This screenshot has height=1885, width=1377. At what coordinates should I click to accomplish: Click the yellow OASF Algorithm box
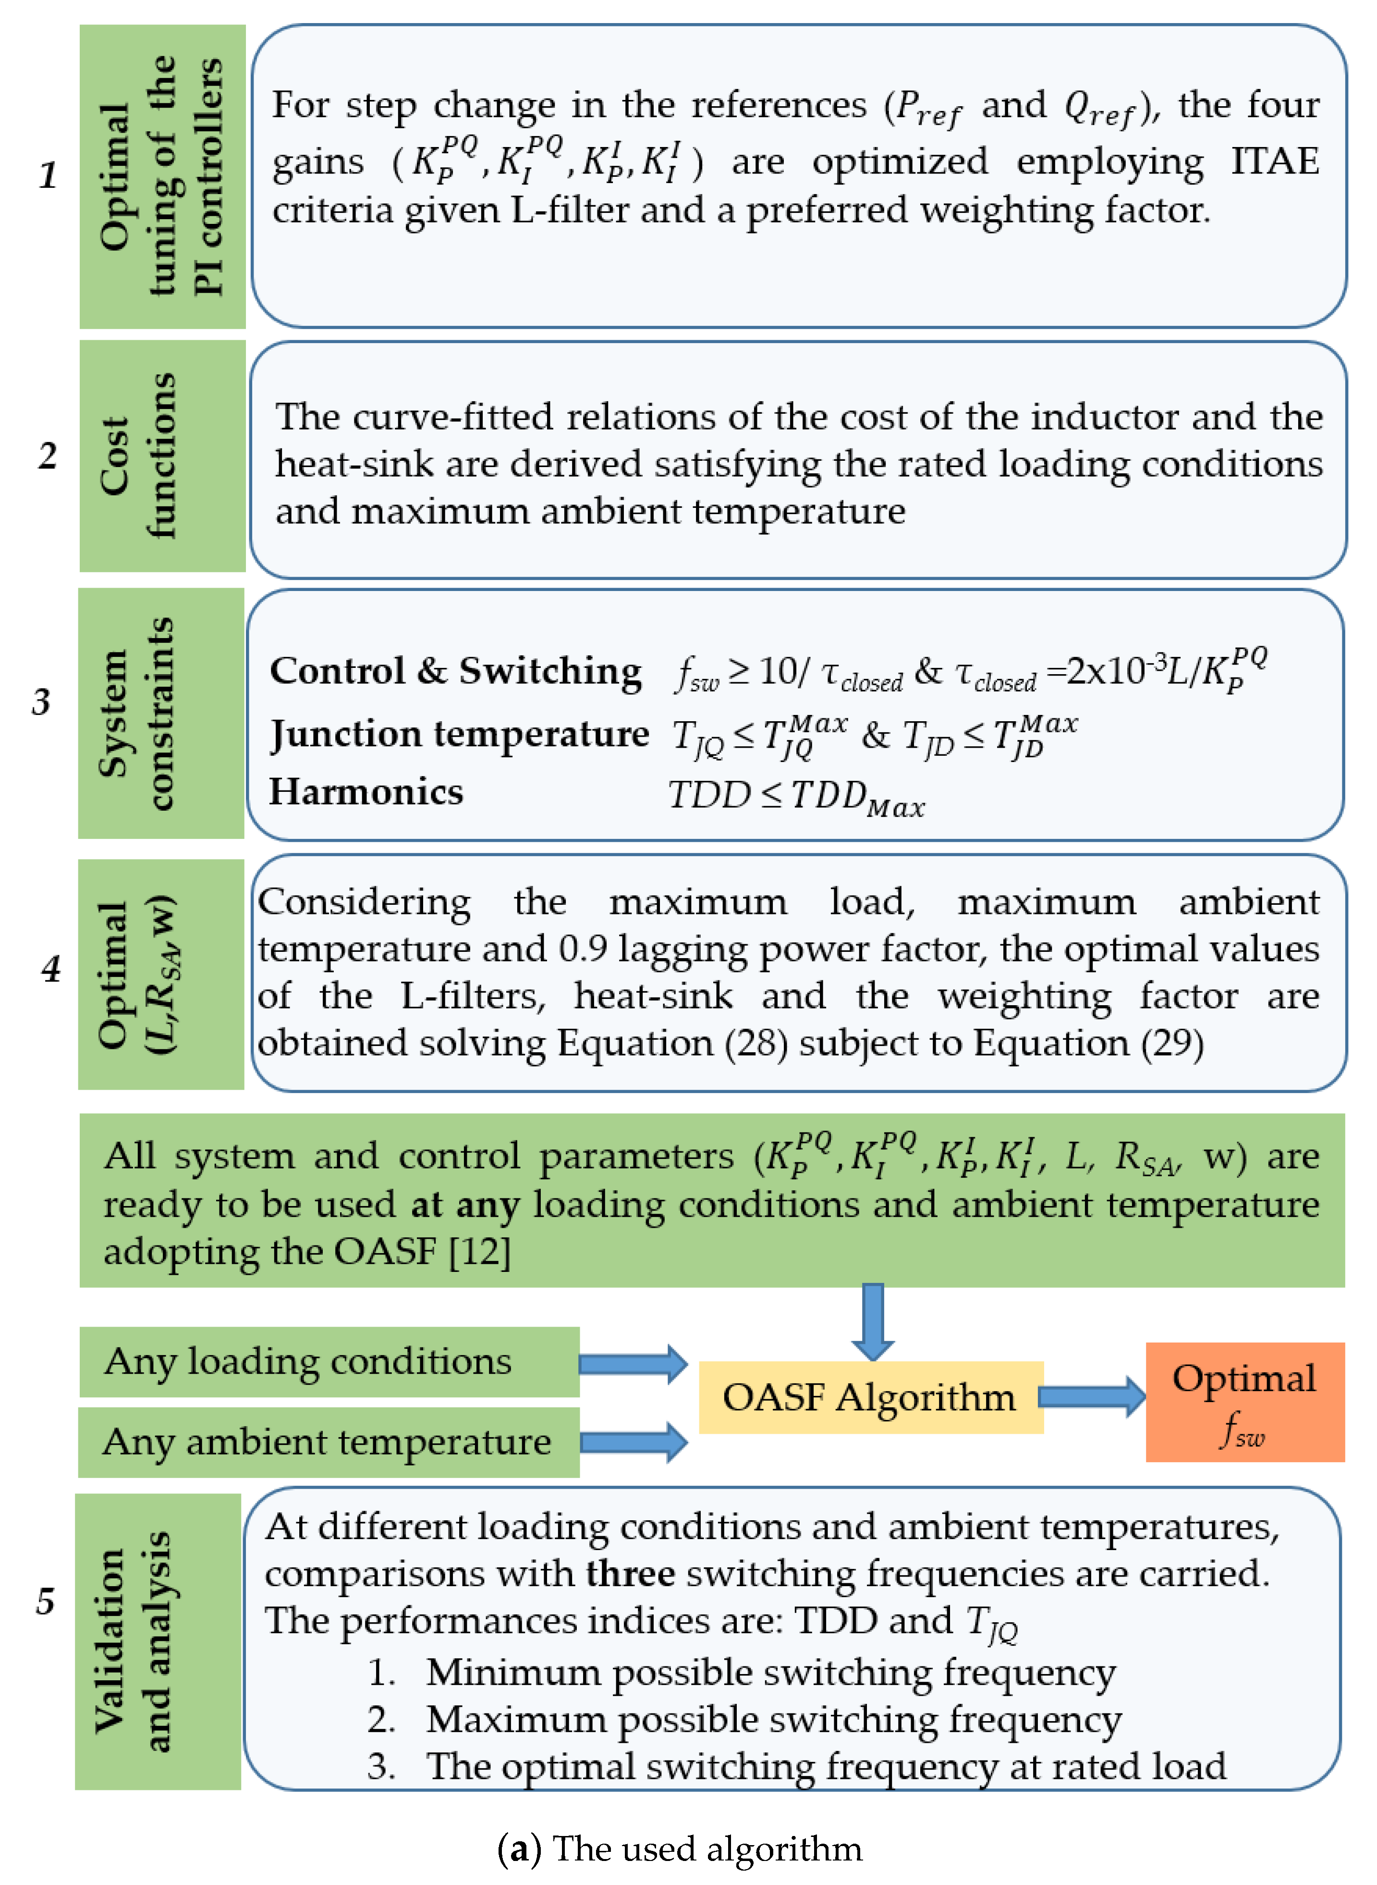coord(870,1397)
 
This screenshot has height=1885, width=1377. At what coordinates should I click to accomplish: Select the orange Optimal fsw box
coord(1244,1402)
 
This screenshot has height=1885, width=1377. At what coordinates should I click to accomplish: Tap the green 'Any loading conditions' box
coord(329,1361)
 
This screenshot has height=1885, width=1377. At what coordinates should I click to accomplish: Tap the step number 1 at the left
coord(49,175)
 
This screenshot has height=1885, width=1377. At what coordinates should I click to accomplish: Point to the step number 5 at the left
coord(45,1601)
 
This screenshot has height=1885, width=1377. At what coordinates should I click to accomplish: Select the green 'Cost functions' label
coord(162,456)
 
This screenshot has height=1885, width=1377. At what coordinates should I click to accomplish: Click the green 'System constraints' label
coord(161,713)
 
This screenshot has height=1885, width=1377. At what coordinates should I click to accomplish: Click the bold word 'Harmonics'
coord(366,792)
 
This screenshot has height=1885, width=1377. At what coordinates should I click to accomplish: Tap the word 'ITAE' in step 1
coord(1275,161)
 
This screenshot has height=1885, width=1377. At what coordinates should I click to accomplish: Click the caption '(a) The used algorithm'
coord(679,1848)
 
